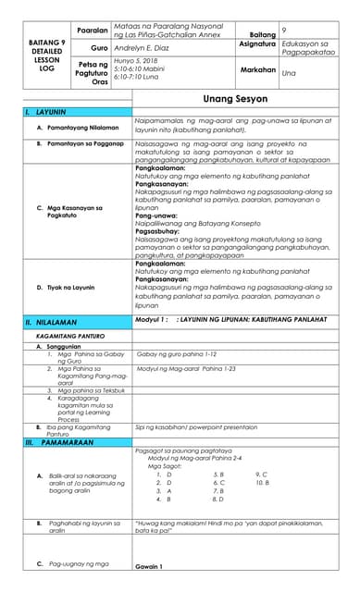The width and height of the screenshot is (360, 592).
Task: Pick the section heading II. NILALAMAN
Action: pos(55,324)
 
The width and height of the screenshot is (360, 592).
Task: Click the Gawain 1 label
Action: pos(148,566)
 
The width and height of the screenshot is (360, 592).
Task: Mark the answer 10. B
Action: pos(262,483)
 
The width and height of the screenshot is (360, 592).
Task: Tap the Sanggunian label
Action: pos(69,347)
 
